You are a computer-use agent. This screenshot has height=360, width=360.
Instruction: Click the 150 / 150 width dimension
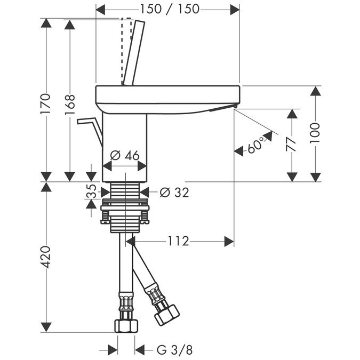click(169, 9)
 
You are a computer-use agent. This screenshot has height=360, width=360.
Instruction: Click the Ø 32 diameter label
click(174, 192)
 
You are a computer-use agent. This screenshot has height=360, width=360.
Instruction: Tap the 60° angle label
click(256, 146)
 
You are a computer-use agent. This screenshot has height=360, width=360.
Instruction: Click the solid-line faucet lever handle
click(133, 52)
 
